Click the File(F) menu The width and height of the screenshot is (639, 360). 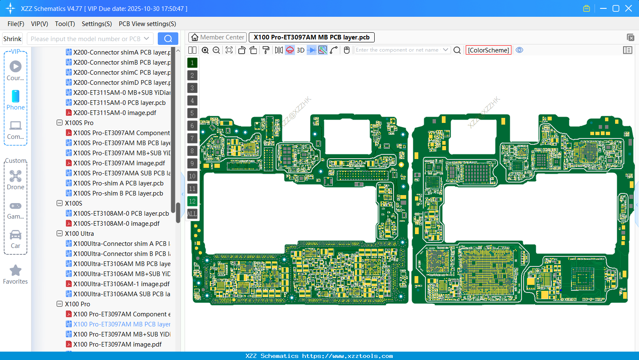16,24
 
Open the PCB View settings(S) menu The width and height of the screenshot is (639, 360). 147,24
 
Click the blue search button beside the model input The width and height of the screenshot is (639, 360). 168,39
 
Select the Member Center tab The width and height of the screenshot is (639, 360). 217,37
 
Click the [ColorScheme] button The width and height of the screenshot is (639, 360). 488,50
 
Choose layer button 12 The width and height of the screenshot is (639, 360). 192,201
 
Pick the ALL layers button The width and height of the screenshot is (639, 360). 192,214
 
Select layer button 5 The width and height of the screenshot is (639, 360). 192,113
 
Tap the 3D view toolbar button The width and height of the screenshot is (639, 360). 300,50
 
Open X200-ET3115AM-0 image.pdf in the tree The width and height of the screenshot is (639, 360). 115,113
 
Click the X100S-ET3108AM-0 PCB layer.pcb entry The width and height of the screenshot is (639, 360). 121,214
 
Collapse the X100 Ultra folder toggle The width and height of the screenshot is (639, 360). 60,234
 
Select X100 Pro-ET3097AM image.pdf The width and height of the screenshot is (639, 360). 117,344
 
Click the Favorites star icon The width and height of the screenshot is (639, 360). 16,271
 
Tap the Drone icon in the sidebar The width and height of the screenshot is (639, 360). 16,176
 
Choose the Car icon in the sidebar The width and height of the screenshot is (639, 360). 16,235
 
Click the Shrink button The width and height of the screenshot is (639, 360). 12,39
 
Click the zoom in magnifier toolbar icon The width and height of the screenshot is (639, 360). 205,50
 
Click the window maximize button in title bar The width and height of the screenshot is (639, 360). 616,8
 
